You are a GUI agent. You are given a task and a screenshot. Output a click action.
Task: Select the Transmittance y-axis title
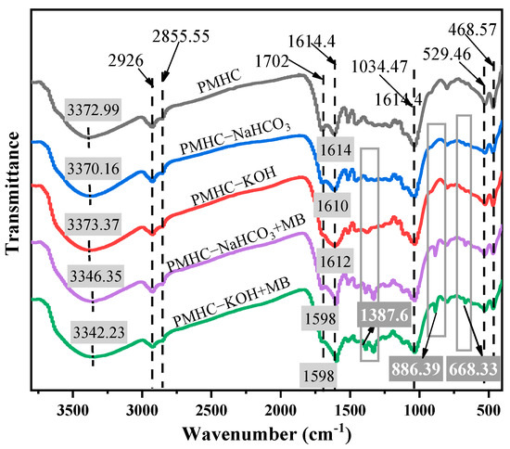13,203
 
